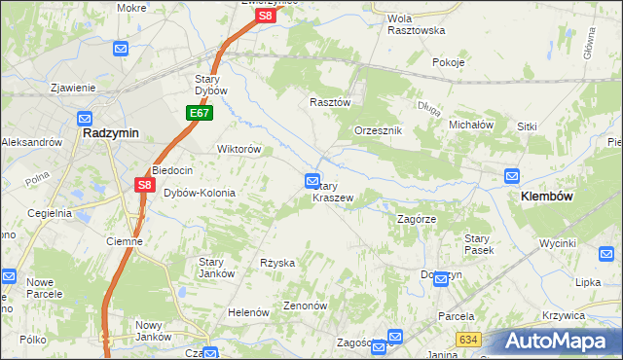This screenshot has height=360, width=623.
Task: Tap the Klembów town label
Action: point(539,196)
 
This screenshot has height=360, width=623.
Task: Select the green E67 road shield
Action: point(199,114)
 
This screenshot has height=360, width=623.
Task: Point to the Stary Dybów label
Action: point(210,85)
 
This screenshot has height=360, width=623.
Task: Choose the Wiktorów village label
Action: point(238,150)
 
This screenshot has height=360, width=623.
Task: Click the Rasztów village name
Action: point(329,101)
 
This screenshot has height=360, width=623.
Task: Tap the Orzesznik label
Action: point(379,130)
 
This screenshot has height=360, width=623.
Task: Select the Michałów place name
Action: point(472,125)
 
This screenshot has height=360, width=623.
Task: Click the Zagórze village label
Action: point(421,219)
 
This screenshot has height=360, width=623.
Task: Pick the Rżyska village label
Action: point(277,263)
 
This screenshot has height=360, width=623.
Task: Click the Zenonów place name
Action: point(305,305)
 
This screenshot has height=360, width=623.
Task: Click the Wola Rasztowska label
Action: point(416,24)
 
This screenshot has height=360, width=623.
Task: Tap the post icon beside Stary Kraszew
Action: point(312,180)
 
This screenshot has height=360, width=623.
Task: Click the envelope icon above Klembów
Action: point(512,175)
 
